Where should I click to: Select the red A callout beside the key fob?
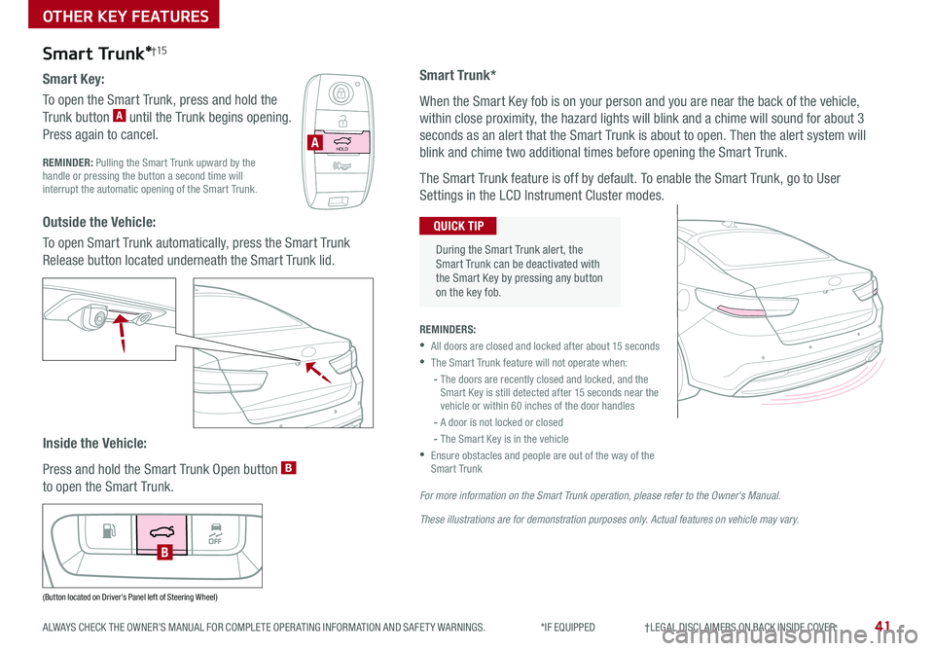coord(313,144)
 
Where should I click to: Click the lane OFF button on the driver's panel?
coord(215,530)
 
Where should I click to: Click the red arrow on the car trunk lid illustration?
coord(315,371)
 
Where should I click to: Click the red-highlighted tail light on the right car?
coord(745,308)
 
